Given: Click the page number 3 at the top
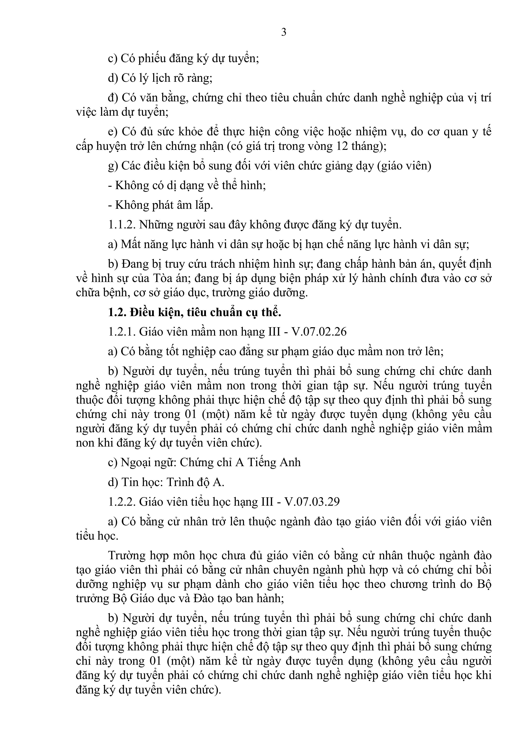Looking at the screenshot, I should pos(284,32).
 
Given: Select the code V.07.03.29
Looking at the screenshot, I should pos(312,501).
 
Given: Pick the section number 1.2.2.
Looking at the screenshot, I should pos(122,501).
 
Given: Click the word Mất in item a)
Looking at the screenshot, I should pos(129,244).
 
